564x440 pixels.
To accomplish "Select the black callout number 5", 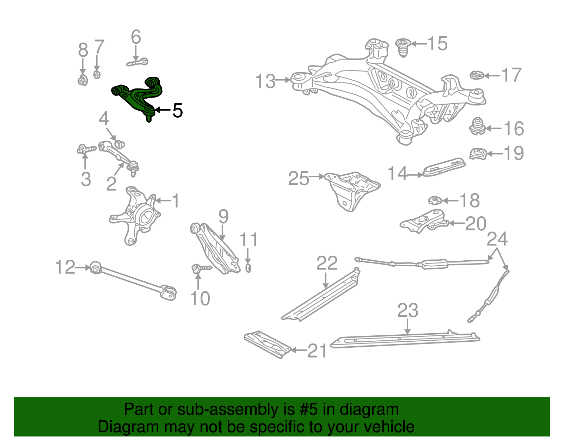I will tap(178, 111).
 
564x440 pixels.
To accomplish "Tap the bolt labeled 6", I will tap(137, 63).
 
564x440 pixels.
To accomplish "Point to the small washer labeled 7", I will tap(97, 75).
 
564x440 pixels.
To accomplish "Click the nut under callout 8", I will tap(83, 81).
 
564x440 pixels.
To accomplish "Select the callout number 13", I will tap(265, 81).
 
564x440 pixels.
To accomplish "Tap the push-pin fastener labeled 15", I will tap(403, 47).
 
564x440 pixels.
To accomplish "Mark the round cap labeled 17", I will tap(477, 75).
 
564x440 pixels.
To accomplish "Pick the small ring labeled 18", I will tap(435, 201).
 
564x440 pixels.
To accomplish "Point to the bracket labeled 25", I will tap(352, 190).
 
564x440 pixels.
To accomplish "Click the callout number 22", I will tap(327, 264).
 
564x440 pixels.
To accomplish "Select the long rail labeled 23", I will tap(405, 340).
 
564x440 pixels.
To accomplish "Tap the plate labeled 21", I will tap(267, 345).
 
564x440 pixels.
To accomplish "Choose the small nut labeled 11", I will tap(248, 268).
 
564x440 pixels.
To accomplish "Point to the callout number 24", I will tap(497, 240).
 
